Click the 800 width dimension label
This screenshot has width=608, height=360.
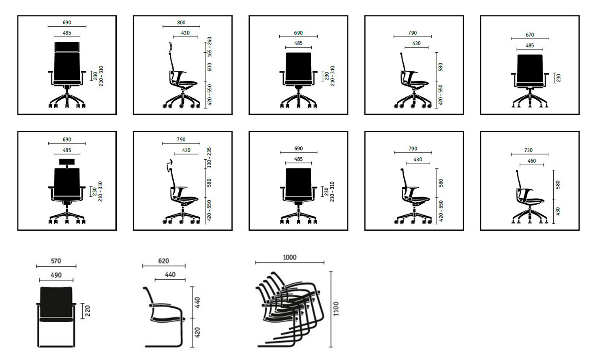[x=181, y=23]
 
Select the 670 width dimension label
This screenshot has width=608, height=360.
[x=529, y=35]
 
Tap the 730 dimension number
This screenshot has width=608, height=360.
[x=528, y=150]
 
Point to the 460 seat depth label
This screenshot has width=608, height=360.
[x=531, y=161]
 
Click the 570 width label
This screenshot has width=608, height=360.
[x=56, y=261]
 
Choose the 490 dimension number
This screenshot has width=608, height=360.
[x=56, y=275]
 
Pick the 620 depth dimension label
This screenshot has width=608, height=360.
[x=163, y=261]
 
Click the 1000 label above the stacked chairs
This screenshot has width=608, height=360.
[x=290, y=257]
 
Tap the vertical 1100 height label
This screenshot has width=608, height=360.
[x=336, y=309]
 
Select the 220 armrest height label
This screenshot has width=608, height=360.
[x=88, y=311]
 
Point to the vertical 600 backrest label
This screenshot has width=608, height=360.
[x=209, y=67]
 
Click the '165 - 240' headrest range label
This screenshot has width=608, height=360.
[x=209, y=47]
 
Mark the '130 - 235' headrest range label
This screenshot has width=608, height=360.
[x=209, y=158]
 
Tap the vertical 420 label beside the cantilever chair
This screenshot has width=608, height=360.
[x=197, y=332]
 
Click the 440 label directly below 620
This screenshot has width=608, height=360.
[x=170, y=274]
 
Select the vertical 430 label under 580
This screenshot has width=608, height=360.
[x=557, y=212]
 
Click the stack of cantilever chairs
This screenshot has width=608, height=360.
[x=290, y=309]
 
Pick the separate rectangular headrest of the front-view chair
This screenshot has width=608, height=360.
[x=67, y=161]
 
